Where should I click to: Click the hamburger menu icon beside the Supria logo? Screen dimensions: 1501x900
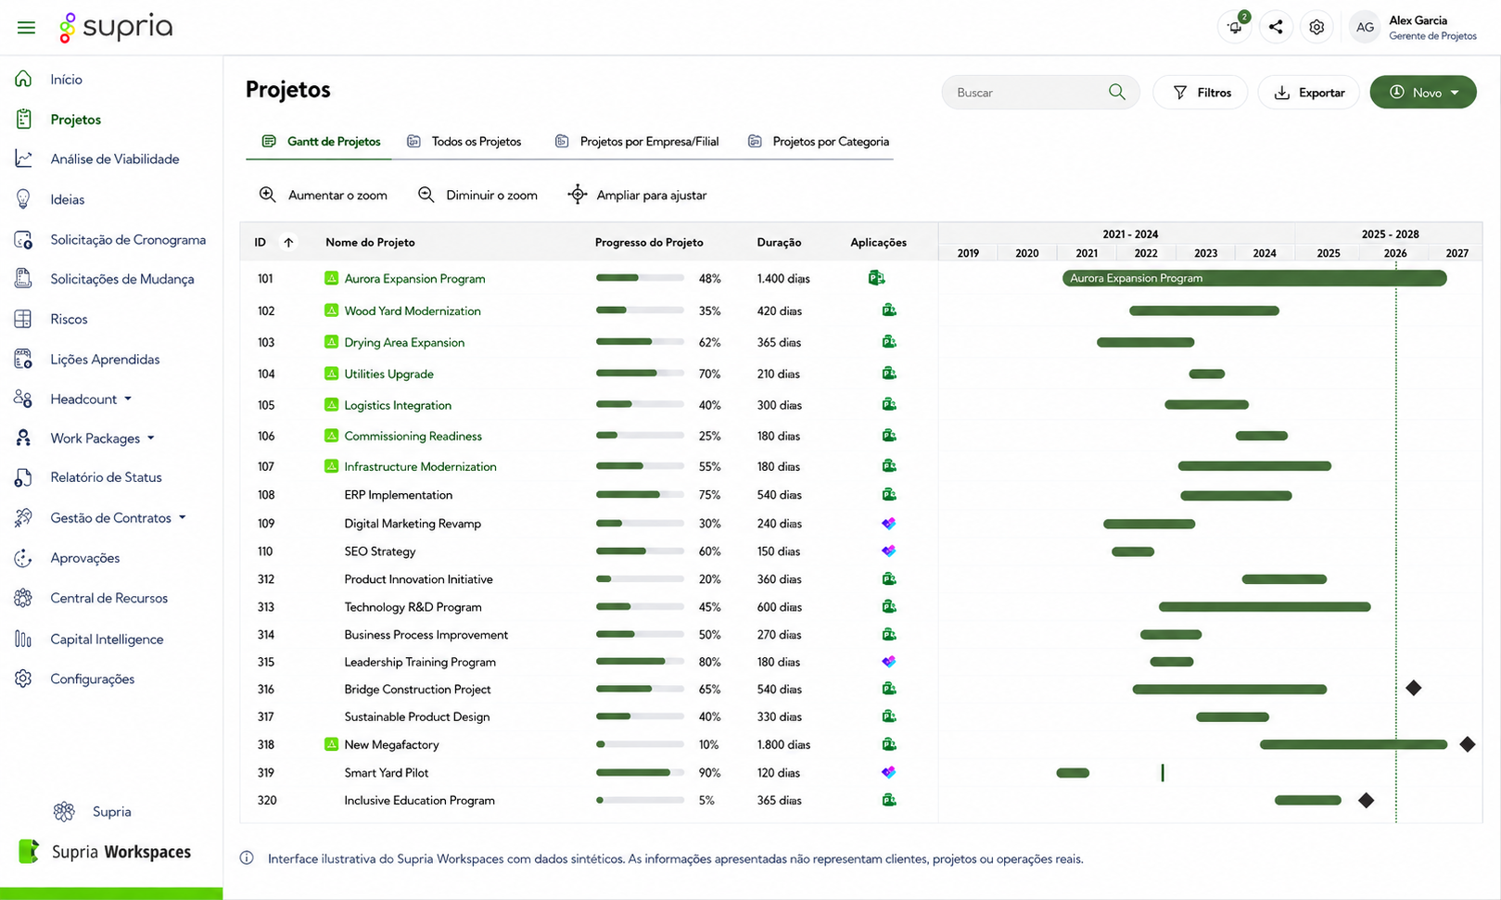tap(26, 28)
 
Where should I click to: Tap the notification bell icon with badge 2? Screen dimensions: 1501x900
tap(1234, 28)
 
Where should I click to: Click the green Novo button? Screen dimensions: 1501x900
tap(1422, 93)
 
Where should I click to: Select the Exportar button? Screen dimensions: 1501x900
tap(1309, 93)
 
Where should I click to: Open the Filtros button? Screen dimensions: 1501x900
tap(1201, 93)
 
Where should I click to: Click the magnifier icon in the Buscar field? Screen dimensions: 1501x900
tap(1116, 92)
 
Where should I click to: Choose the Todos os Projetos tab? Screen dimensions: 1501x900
tap(464, 142)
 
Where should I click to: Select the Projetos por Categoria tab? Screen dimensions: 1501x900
tap(818, 142)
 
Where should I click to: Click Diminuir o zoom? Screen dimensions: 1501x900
tap(477, 195)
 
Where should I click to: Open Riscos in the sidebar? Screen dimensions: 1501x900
tap(69, 319)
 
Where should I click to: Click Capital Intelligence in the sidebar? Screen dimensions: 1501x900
tap(107, 640)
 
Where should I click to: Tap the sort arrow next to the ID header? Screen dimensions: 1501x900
tap(288, 243)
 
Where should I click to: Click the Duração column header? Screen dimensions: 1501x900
tap(779, 243)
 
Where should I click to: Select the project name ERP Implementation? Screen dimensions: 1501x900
tap(398, 495)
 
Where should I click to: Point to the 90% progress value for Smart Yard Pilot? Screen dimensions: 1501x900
tap(709, 773)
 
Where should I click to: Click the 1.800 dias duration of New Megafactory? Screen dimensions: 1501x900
tap(783, 744)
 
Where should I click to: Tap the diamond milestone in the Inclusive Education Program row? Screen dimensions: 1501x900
tap(1366, 800)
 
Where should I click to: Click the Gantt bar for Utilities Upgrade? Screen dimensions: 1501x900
tap(1207, 374)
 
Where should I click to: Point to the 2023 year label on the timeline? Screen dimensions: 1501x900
tap(1205, 253)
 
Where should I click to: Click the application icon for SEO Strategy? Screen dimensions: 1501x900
tap(888, 551)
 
